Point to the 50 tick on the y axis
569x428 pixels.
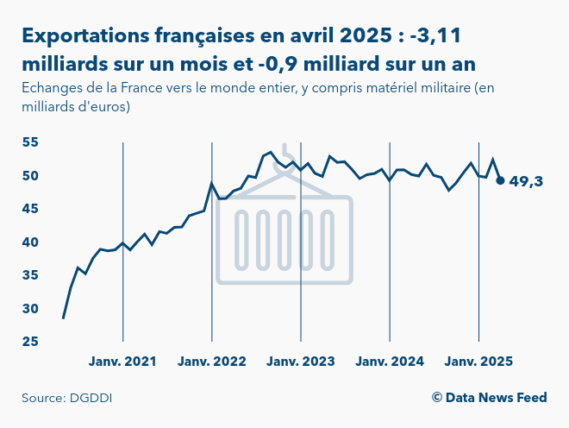[x=31, y=176]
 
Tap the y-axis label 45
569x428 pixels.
[x=31, y=209]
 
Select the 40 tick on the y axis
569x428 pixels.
[x=31, y=242]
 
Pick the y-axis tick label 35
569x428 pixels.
[x=31, y=275]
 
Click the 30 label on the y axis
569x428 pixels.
[x=31, y=309]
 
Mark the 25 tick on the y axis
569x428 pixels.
[x=31, y=342]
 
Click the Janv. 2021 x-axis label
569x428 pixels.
[x=122, y=362]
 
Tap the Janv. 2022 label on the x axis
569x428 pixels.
[x=212, y=362]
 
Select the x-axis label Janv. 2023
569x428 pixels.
[x=301, y=362]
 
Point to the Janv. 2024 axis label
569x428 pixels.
[x=390, y=362]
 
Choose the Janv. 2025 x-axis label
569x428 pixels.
[x=478, y=362]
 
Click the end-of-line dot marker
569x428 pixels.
[x=501, y=180]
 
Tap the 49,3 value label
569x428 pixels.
[x=527, y=181]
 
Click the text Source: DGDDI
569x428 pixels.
[x=67, y=398]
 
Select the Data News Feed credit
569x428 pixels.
[x=489, y=398]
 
